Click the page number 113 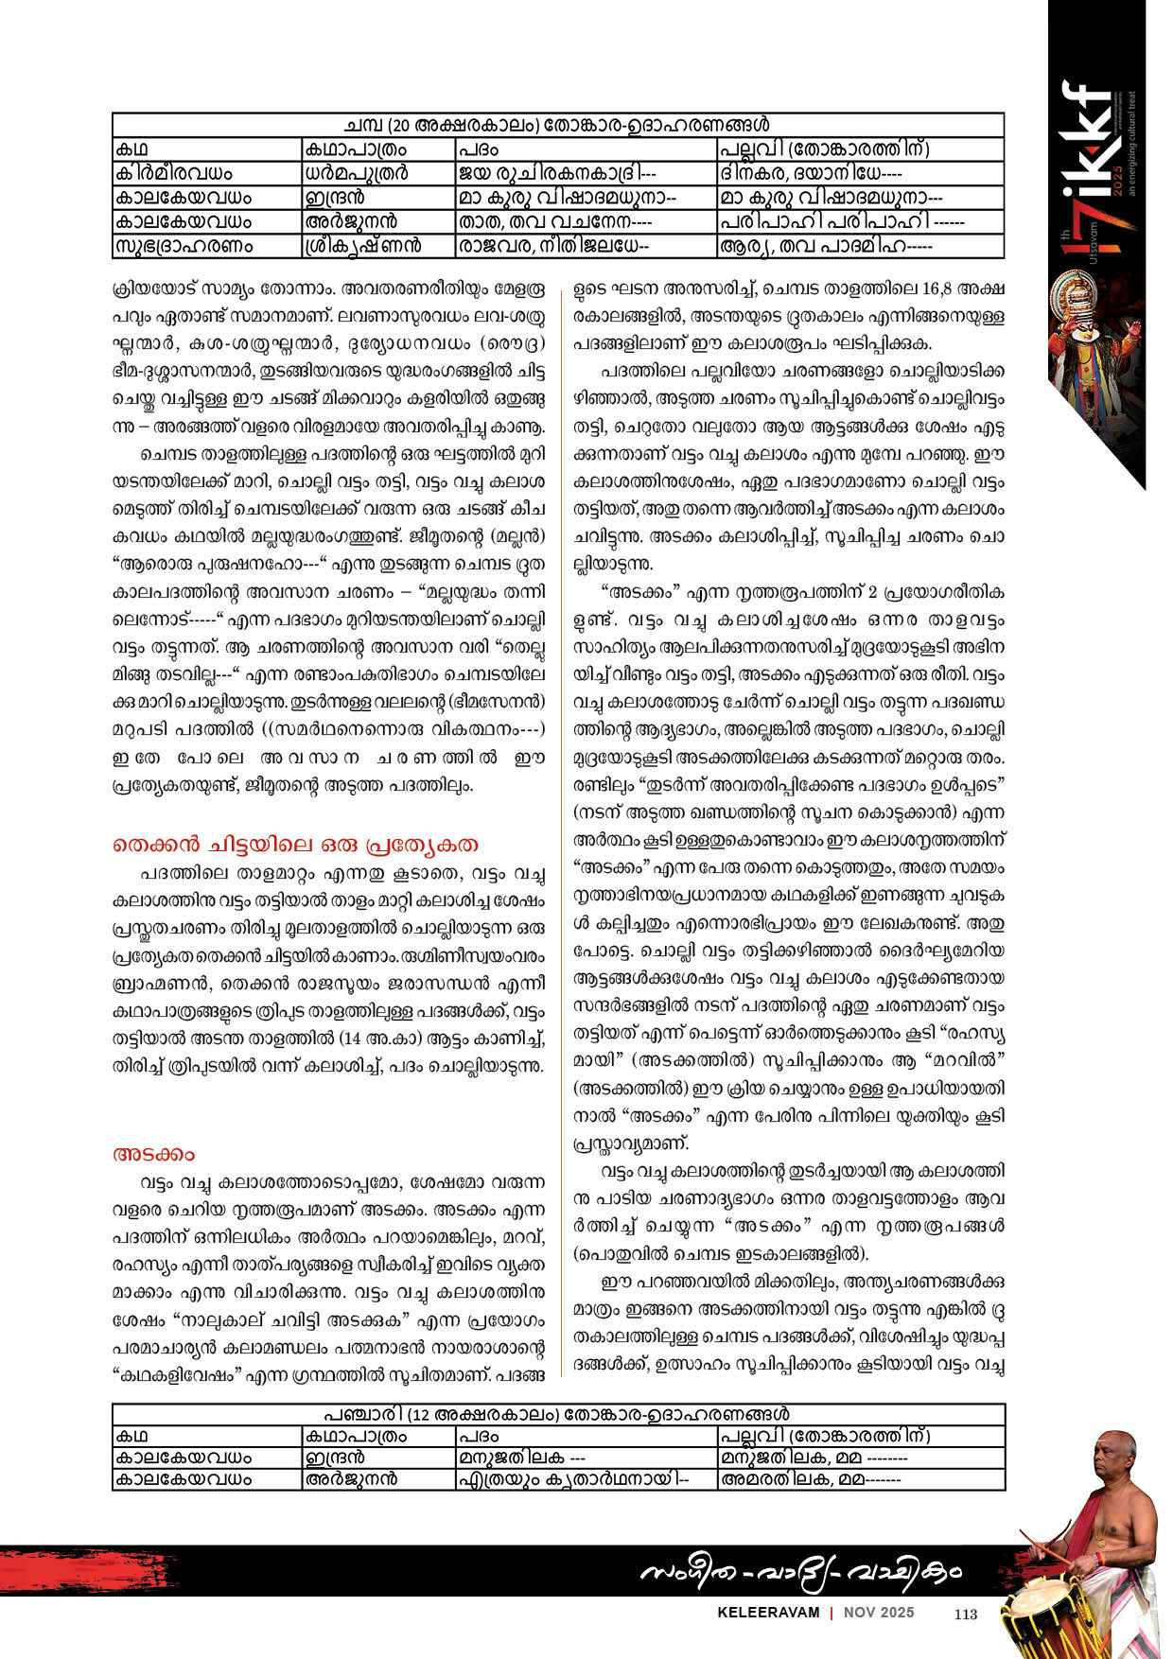point(965,1615)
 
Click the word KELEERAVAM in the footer point(769,1614)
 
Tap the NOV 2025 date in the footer point(879,1614)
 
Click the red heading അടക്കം point(153,1155)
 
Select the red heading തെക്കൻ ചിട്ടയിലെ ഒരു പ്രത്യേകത point(295,845)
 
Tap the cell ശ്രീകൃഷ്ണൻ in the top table point(362,246)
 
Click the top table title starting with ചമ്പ point(557,125)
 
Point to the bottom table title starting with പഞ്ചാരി point(557,1416)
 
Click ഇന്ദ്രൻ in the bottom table point(334,1458)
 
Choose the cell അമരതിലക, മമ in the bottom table point(811,1479)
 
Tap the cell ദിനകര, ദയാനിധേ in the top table point(811,173)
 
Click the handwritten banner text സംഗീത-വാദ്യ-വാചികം point(800,1572)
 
